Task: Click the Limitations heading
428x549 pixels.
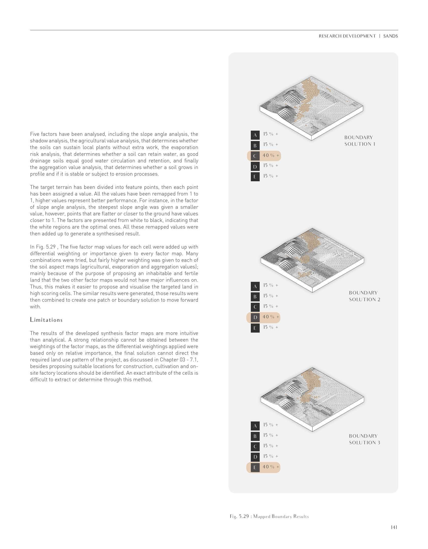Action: coord(46,320)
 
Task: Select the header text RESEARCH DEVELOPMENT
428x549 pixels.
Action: coord(347,36)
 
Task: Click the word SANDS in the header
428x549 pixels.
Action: coord(390,36)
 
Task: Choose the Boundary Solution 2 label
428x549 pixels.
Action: coord(364,296)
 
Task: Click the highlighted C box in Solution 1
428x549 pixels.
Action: coord(255,156)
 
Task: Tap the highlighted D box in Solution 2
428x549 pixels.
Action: coord(255,317)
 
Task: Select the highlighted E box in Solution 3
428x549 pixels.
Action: coord(255,467)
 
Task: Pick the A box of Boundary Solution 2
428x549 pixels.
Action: coord(255,286)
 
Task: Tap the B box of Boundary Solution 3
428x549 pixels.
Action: coord(255,436)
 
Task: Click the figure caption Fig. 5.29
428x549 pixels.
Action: coord(269,516)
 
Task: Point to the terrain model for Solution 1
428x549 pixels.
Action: coord(311,108)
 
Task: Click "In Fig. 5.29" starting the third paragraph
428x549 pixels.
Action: coord(42,247)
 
